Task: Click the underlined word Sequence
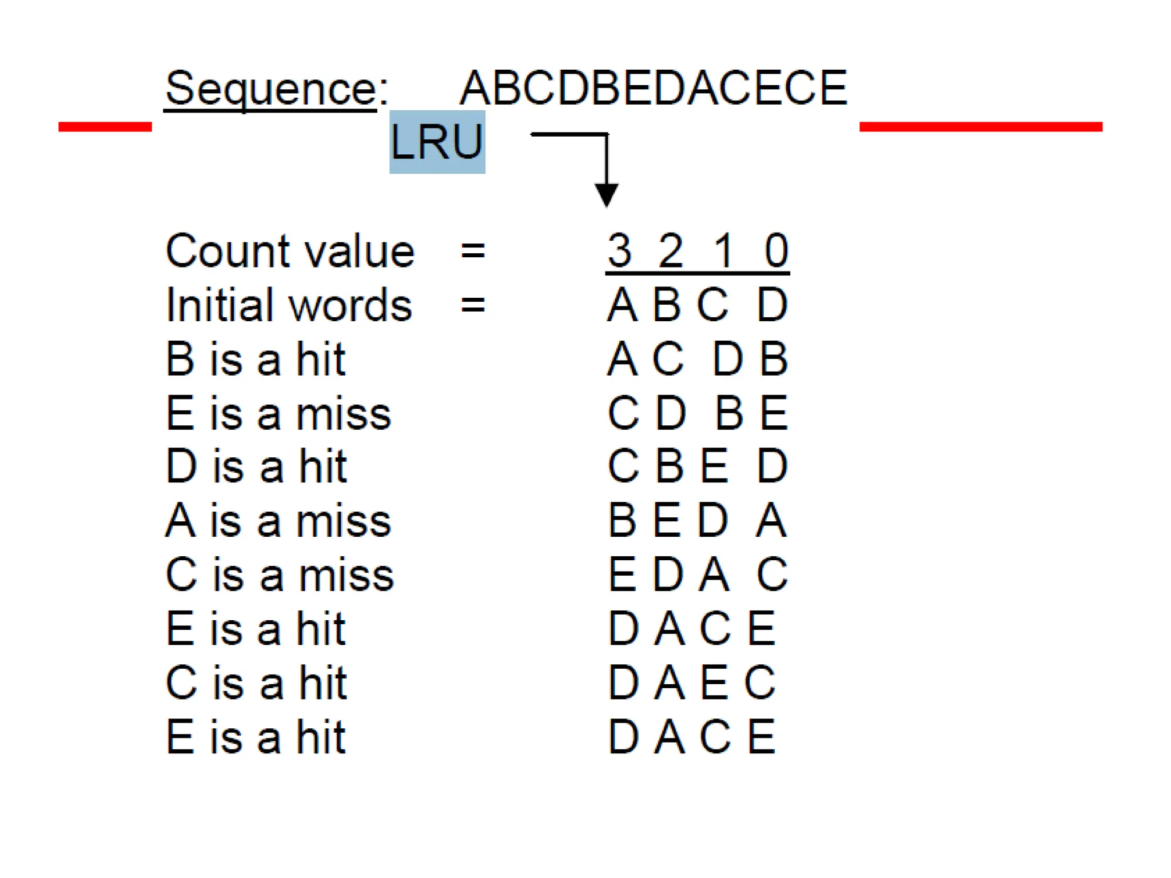click(270, 89)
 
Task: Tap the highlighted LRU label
click(437, 142)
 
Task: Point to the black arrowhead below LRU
click(606, 194)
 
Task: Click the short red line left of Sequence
click(105, 126)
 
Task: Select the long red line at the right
click(981, 126)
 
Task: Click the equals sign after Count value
click(473, 251)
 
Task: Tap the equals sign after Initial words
click(473, 305)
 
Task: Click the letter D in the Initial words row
click(772, 305)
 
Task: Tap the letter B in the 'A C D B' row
click(774, 359)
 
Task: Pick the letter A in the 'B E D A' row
click(771, 521)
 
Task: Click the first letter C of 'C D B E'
click(623, 413)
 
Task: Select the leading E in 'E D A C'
click(622, 574)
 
